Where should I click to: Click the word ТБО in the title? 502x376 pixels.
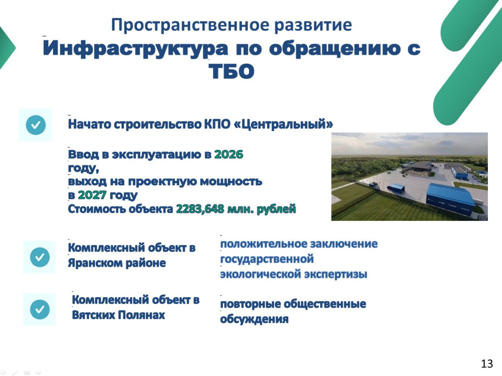231,71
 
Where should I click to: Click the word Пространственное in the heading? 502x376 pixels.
190,26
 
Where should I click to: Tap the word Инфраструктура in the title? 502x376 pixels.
135,49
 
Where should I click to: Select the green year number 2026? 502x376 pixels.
229,155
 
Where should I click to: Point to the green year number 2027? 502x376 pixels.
92,195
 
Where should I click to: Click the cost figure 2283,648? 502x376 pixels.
200,209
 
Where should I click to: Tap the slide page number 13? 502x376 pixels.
487,364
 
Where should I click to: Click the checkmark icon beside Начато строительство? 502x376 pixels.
36,125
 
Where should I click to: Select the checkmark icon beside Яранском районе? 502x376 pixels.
40,257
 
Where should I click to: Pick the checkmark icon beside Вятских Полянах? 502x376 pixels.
40,309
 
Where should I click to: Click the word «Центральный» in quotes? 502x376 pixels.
284,124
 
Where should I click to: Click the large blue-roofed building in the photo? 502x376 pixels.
449,200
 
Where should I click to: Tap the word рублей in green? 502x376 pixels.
276,209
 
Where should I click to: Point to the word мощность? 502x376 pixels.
231,182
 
